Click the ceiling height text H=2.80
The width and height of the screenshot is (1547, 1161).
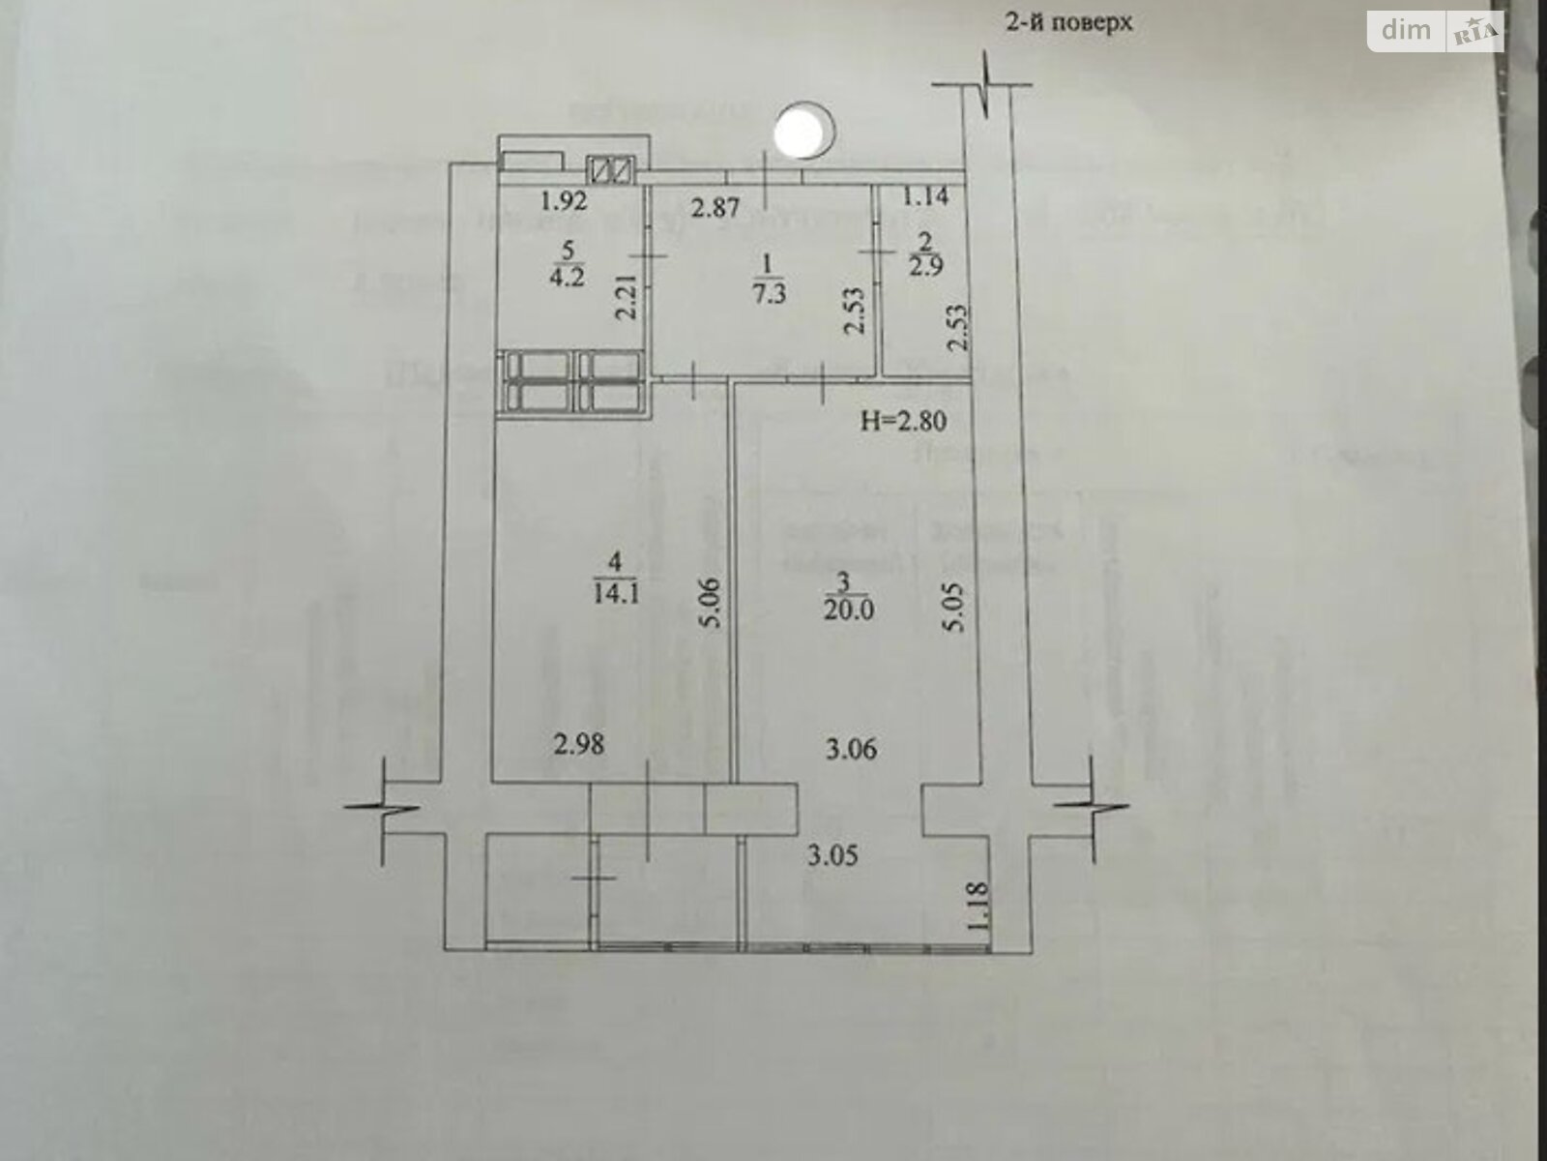[901, 421]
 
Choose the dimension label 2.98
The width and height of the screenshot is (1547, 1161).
[580, 745]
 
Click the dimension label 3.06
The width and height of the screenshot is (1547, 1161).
[851, 749]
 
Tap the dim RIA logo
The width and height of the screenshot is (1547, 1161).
[1435, 31]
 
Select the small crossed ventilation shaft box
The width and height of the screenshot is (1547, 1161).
[613, 170]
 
